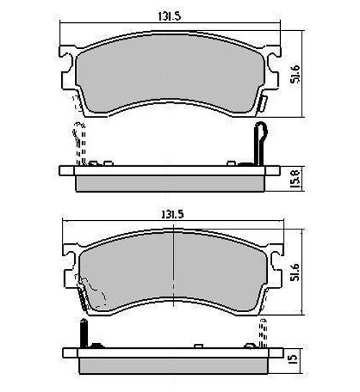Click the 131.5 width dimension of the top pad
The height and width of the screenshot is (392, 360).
169,17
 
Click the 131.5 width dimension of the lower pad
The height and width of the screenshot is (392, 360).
172,214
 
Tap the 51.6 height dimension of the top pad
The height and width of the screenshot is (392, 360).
294,74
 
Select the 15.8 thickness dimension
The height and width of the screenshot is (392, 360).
294,179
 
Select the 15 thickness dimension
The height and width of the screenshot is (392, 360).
294,358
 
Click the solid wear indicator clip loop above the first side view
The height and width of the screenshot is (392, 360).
260,143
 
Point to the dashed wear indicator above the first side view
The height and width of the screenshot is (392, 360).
79,143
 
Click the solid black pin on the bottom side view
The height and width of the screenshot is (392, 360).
84,333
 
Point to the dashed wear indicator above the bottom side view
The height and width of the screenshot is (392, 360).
263,333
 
